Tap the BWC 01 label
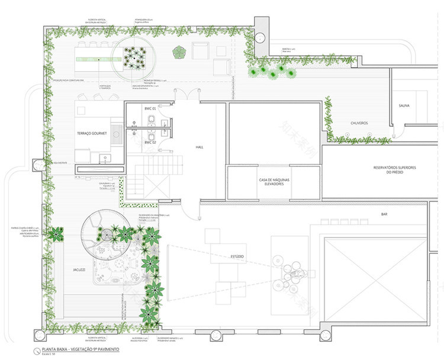tap(150, 109)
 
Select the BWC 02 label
tap(150, 143)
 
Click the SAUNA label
tap(404, 106)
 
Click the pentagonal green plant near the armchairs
tap(178, 53)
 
